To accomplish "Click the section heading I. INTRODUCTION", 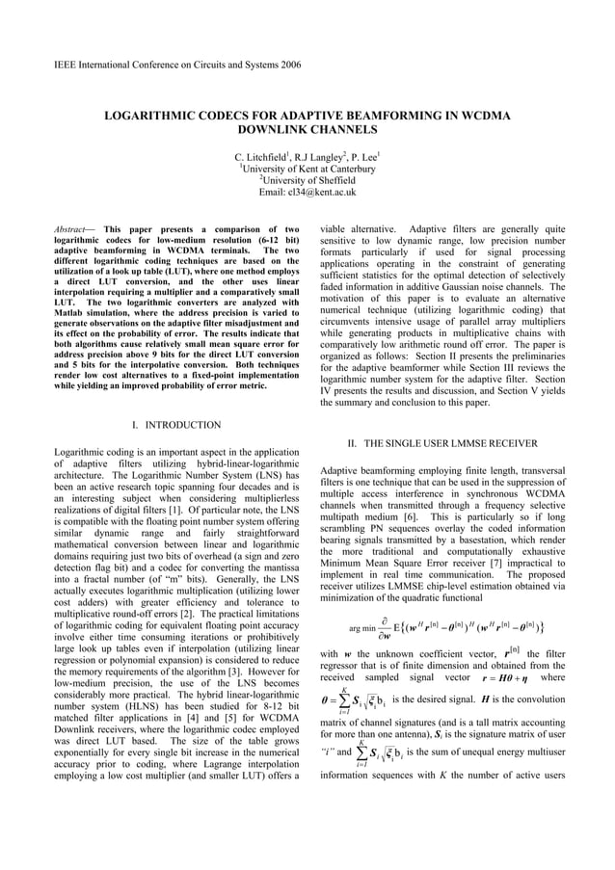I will pyautogui.click(x=176, y=425).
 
